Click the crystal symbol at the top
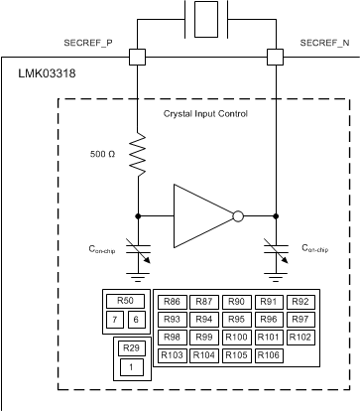coord(205,17)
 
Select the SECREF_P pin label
coord(87,43)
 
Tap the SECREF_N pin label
coord(323,43)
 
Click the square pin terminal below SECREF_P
coord(137,57)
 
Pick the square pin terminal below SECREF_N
coord(275,57)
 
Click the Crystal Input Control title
coord(205,113)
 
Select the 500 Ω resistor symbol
coord(137,157)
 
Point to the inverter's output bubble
coord(237,213)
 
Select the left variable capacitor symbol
coord(137,255)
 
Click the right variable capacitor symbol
coord(275,255)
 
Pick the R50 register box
coord(125,302)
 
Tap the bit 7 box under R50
coord(116,319)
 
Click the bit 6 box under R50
coord(136,319)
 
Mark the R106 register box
coord(267,354)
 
